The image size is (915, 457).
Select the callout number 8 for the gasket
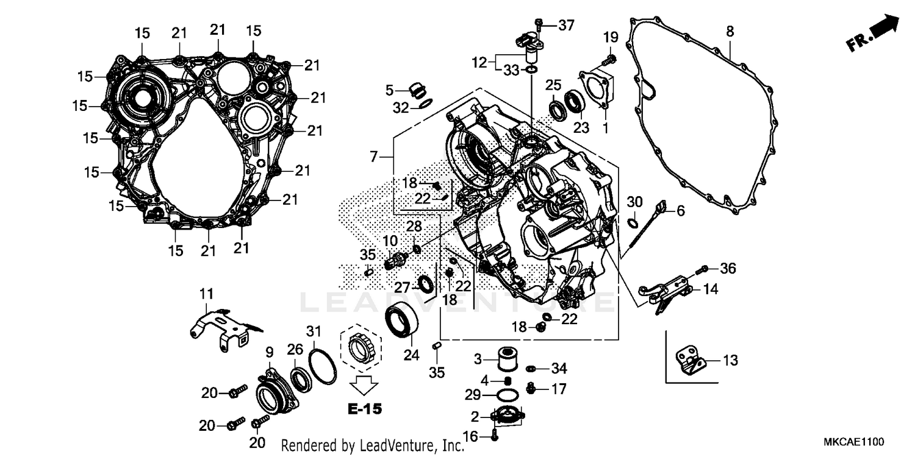tap(730, 31)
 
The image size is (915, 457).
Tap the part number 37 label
tap(566, 26)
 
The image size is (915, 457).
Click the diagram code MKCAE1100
tap(852, 441)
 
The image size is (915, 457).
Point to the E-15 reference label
tap(365, 408)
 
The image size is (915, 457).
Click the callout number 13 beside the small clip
tap(730, 361)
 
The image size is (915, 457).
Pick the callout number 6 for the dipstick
tap(680, 211)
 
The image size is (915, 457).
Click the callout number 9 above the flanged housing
tap(268, 352)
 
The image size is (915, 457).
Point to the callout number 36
tap(728, 268)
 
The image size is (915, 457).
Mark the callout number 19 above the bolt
tap(610, 38)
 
